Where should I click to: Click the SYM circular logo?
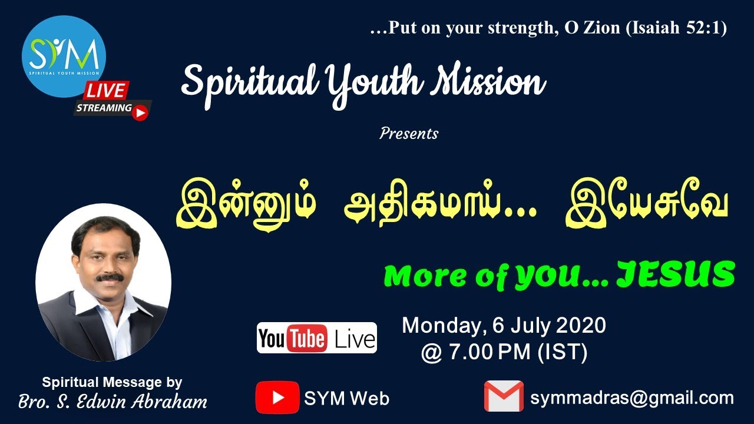[64, 57]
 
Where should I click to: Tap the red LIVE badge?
[106, 91]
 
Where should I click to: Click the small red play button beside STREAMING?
[140, 112]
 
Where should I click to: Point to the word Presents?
[409, 134]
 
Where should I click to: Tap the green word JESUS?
[676, 275]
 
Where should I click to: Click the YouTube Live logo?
[316, 338]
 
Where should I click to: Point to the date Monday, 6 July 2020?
[504, 326]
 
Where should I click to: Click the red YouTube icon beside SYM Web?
[277, 397]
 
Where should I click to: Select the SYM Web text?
[346, 399]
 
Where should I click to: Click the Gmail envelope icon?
[504, 396]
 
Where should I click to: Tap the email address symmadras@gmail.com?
[632, 397]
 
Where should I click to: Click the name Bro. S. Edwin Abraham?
[113, 402]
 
